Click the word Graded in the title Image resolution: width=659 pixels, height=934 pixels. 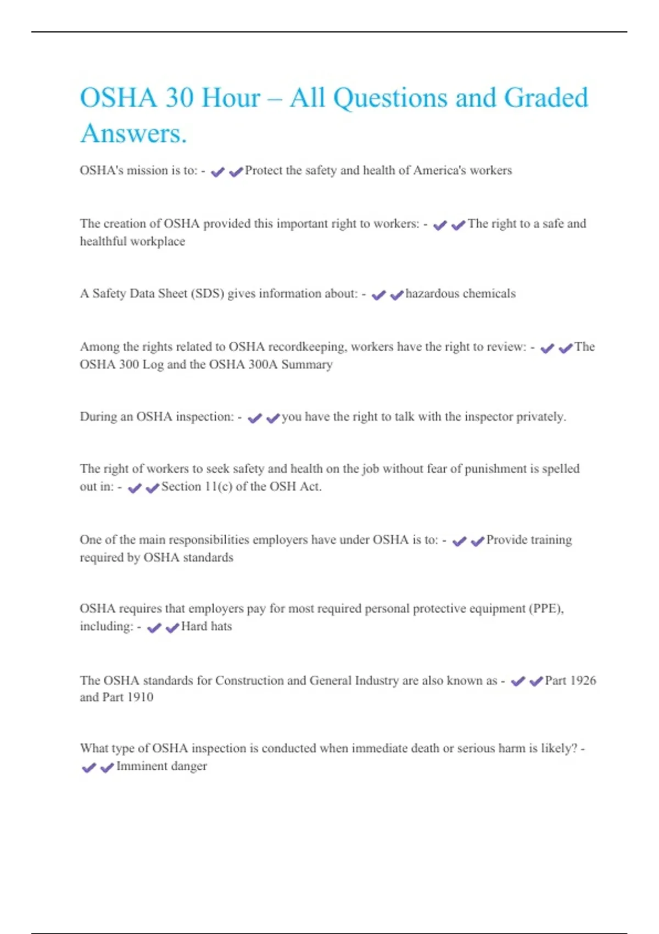tap(545, 98)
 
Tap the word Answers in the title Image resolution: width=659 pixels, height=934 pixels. tap(133, 134)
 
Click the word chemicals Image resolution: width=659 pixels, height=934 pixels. tap(489, 293)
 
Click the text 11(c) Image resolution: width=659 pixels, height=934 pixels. tap(218, 486)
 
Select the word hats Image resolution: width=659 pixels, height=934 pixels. tap(221, 626)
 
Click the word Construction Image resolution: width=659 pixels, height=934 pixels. tap(249, 680)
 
